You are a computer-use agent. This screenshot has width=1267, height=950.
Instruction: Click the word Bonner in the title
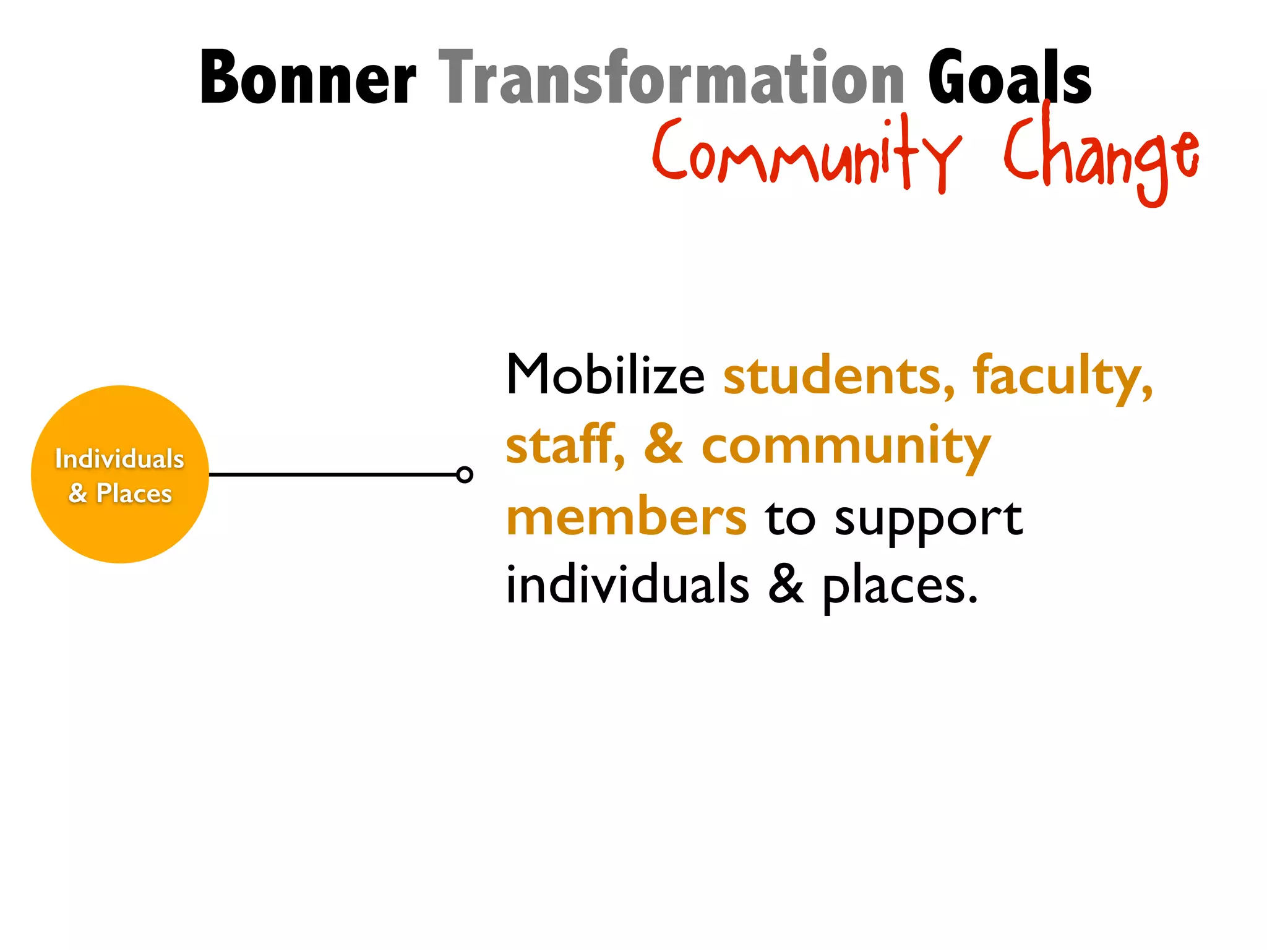tap(307, 79)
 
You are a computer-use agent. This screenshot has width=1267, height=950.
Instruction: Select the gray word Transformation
tap(672, 79)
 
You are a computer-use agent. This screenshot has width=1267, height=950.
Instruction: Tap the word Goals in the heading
tap(1009, 79)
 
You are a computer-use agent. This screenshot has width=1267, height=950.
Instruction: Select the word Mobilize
tap(605, 375)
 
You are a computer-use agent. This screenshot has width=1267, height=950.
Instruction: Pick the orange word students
tap(839, 376)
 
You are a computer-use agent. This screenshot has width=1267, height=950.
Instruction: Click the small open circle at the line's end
tap(465, 474)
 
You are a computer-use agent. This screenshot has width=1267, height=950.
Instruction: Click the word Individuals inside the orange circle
tap(119, 459)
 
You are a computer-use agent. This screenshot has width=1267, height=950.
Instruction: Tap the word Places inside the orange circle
tap(134, 494)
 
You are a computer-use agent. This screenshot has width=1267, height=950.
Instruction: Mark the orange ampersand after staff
tap(663, 445)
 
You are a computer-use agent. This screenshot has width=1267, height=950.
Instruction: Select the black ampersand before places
tap(786, 585)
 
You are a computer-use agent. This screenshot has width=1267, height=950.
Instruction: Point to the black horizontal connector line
tap(334, 474)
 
